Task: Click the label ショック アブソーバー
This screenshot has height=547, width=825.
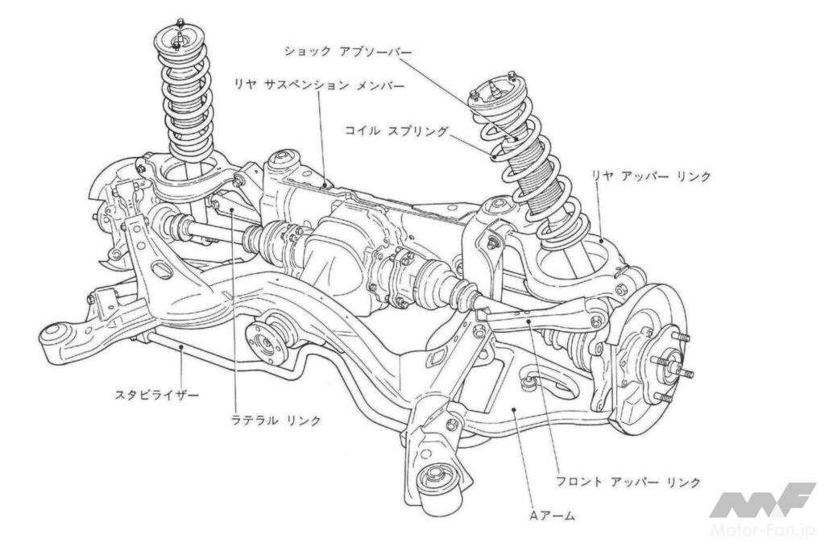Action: pos(348,51)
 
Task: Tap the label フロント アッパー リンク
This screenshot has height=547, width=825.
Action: pos(628,482)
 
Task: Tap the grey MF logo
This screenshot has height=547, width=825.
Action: pos(762,500)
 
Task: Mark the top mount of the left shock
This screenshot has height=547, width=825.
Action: pos(178,35)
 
